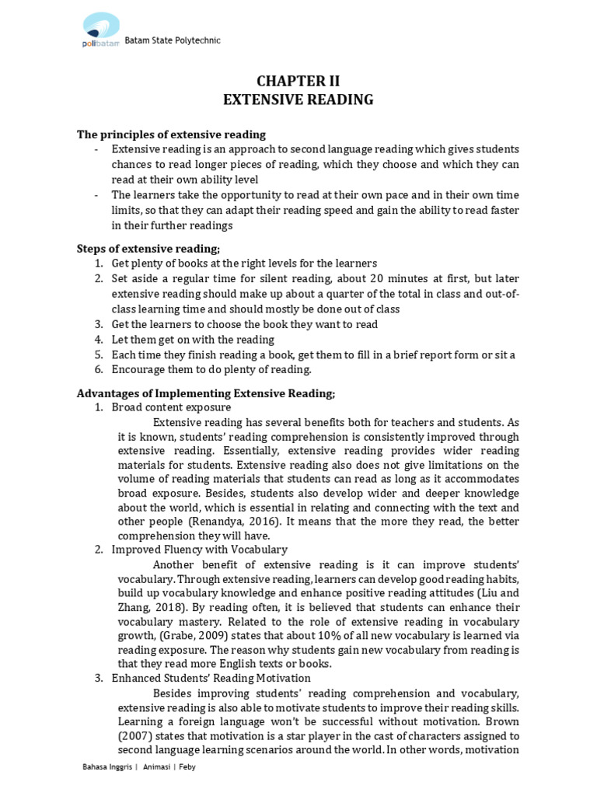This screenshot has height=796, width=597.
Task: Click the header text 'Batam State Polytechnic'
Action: pyautogui.click(x=173, y=41)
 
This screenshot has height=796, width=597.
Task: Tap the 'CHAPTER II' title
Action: pyautogui.click(x=298, y=82)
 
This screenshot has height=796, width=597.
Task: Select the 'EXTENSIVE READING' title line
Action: pyautogui.click(x=298, y=99)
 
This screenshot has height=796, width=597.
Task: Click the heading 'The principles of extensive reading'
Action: pyautogui.click(x=171, y=134)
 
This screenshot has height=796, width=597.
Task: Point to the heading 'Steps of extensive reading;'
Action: pyautogui.click(x=148, y=249)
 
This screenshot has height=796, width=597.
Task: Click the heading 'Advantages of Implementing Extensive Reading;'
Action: pyautogui.click(x=206, y=393)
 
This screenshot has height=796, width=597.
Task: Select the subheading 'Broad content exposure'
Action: pyautogui.click(x=171, y=407)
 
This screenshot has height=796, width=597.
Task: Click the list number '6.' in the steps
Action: pyautogui.click(x=99, y=369)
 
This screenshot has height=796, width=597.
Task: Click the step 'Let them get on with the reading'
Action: pyautogui.click(x=193, y=340)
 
